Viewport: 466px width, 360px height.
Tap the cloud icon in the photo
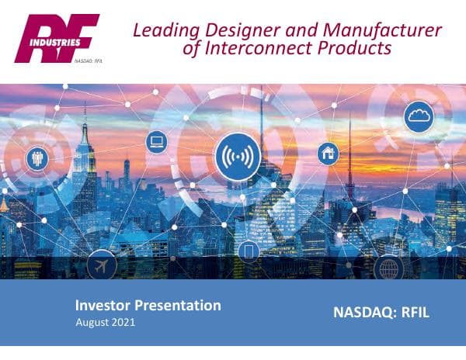point(419,116)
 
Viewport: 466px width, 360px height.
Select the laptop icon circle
point(157,141)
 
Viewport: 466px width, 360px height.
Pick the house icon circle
point(328,153)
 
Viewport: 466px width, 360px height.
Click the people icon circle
point(37,158)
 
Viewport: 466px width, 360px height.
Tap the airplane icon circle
point(103,265)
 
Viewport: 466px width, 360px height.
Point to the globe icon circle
point(388,268)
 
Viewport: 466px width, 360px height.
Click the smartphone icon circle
point(249,252)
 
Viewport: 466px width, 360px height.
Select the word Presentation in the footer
point(181,306)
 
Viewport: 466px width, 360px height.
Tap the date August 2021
point(106,322)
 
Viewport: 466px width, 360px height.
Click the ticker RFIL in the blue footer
point(413,313)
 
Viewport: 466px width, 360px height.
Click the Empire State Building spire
point(85,116)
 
